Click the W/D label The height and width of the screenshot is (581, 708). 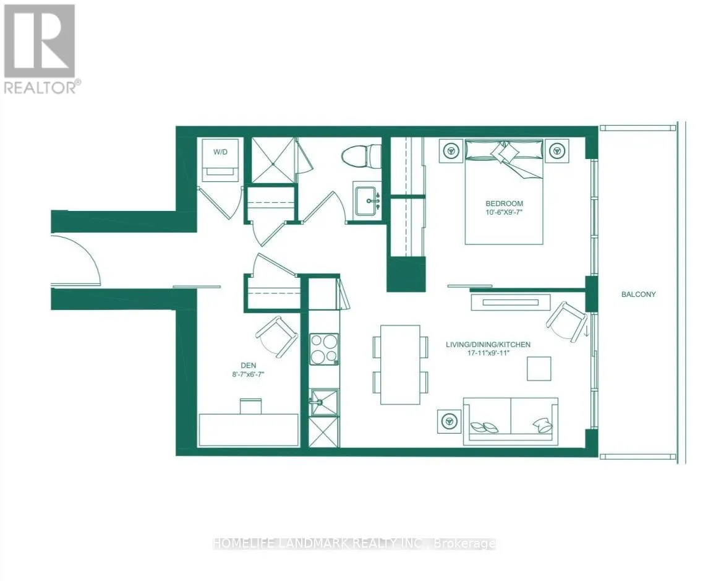coord(220,152)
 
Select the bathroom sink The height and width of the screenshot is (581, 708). coord(367,200)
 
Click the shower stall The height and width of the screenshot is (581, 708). coord(273,160)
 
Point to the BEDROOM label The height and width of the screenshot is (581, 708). coord(505,204)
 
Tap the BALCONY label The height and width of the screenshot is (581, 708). coord(639,295)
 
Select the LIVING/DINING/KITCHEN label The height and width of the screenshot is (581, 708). coord(488,345)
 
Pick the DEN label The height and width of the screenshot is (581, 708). coord(248,366)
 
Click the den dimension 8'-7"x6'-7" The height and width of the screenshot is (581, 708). coord(248,374)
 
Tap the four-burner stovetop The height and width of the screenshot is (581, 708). coord(324,349)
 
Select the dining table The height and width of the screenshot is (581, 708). coord(400,364)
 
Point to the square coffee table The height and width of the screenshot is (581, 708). coord(539,368)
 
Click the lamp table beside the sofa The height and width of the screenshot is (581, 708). coord(450,421)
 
